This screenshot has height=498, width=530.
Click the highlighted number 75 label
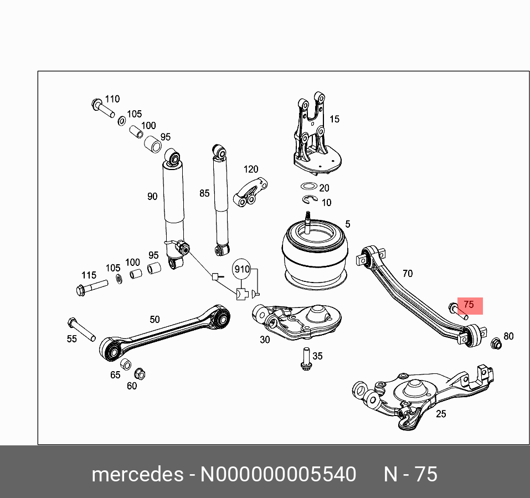[x=469, y=305]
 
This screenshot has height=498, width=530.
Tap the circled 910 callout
[x=242, y=270]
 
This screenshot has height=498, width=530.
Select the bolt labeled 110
[x=101, y=107]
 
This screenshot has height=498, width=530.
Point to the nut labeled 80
[x=496, y=343]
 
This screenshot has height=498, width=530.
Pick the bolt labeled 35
[x=304, y=359]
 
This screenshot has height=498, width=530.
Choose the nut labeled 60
[x=140, y=374]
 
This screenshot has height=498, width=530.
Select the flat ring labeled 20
[x=308, y=187]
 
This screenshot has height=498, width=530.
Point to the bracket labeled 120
[x=250, y=192]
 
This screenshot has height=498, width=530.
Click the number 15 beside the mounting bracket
[x=334, y=119]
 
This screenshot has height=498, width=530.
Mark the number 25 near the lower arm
[x=441, y=414]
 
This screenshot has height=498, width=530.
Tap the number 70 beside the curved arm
[x=407, y=274]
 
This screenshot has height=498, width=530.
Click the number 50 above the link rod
[x=155, y=319]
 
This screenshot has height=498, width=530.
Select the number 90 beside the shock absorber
[x=152, y=196]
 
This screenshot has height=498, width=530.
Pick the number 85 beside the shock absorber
[x=204, y=193]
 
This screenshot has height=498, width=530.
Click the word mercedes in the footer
[x=137, y=475]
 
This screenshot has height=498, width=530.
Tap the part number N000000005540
[x=277, y=475]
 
